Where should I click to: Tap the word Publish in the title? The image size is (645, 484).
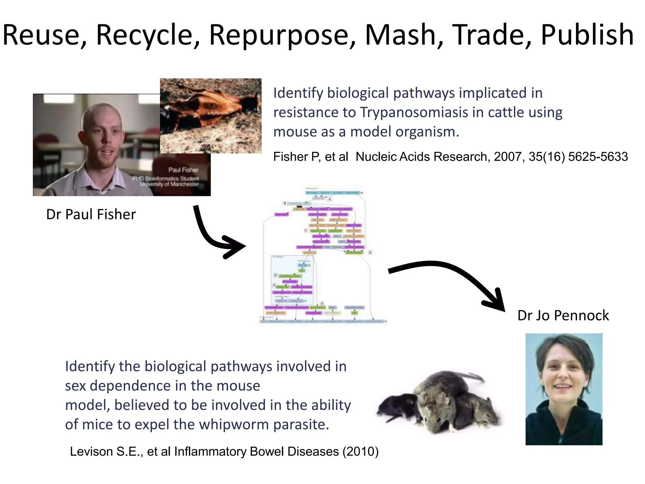pyautogui.click(x=587, y=35)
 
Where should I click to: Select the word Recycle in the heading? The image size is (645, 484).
pyautogui.click(x=147, y=35)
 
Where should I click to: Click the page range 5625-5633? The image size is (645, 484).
pyautogui.click(x=598, y=157)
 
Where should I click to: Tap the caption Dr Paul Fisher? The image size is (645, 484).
pyautogui.click(x=91, y=214)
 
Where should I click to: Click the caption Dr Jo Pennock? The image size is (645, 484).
pyautogui.click(x=563, y=315)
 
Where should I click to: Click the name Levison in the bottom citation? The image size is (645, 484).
pyautogui.click(x=91, y=452)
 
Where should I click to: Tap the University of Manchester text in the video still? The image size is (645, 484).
pyautogui.click(x=169, y=184)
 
